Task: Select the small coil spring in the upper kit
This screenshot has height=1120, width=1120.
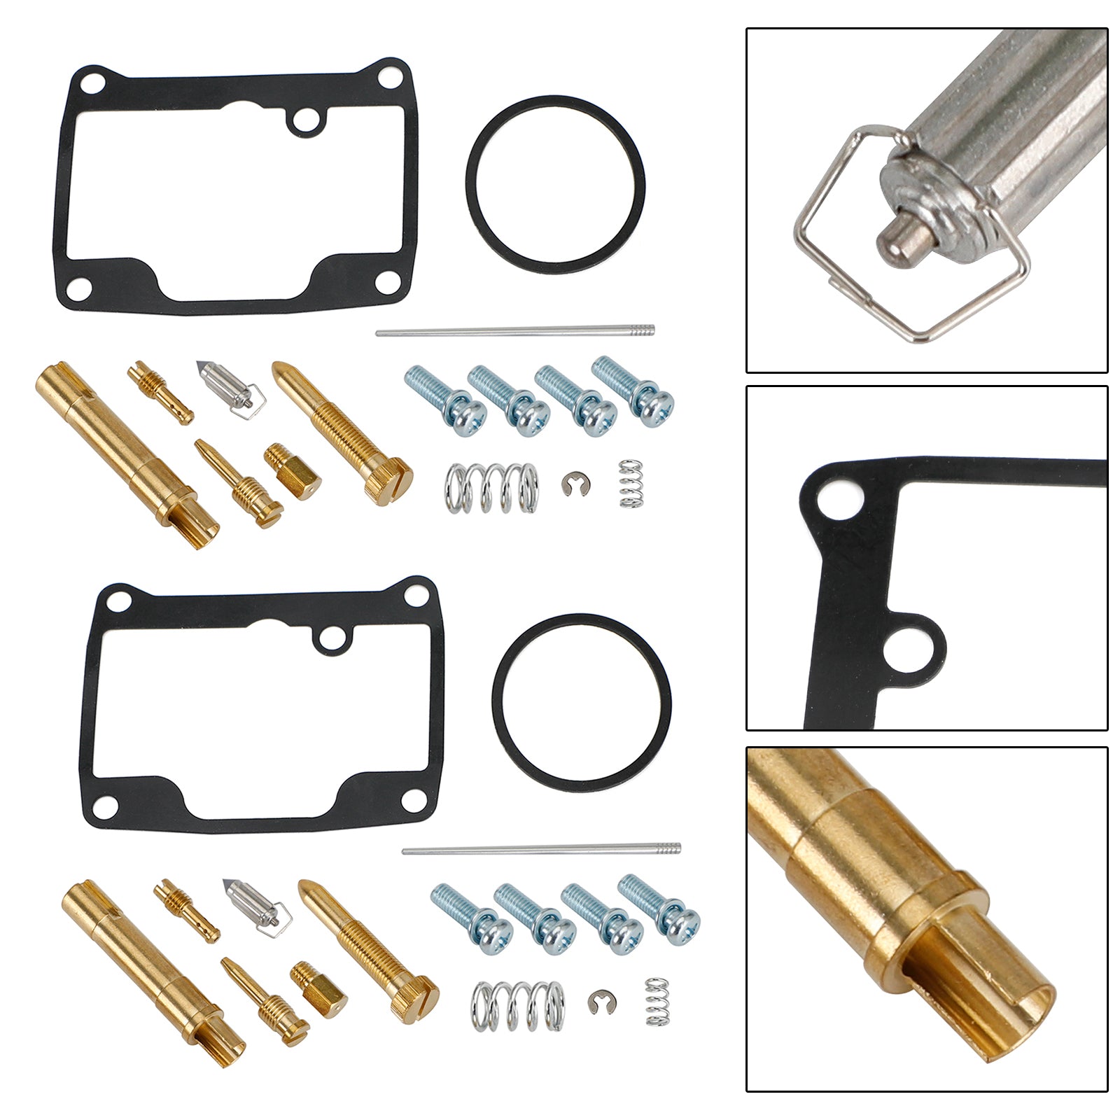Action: click(x=631, y=484)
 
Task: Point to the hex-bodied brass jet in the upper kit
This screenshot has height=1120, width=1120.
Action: click(x=292, y=474)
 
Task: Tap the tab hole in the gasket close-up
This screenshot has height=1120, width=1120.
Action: click(x=903, y=648)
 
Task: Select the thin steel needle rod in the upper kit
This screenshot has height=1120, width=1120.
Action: click(x=514, y=330)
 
